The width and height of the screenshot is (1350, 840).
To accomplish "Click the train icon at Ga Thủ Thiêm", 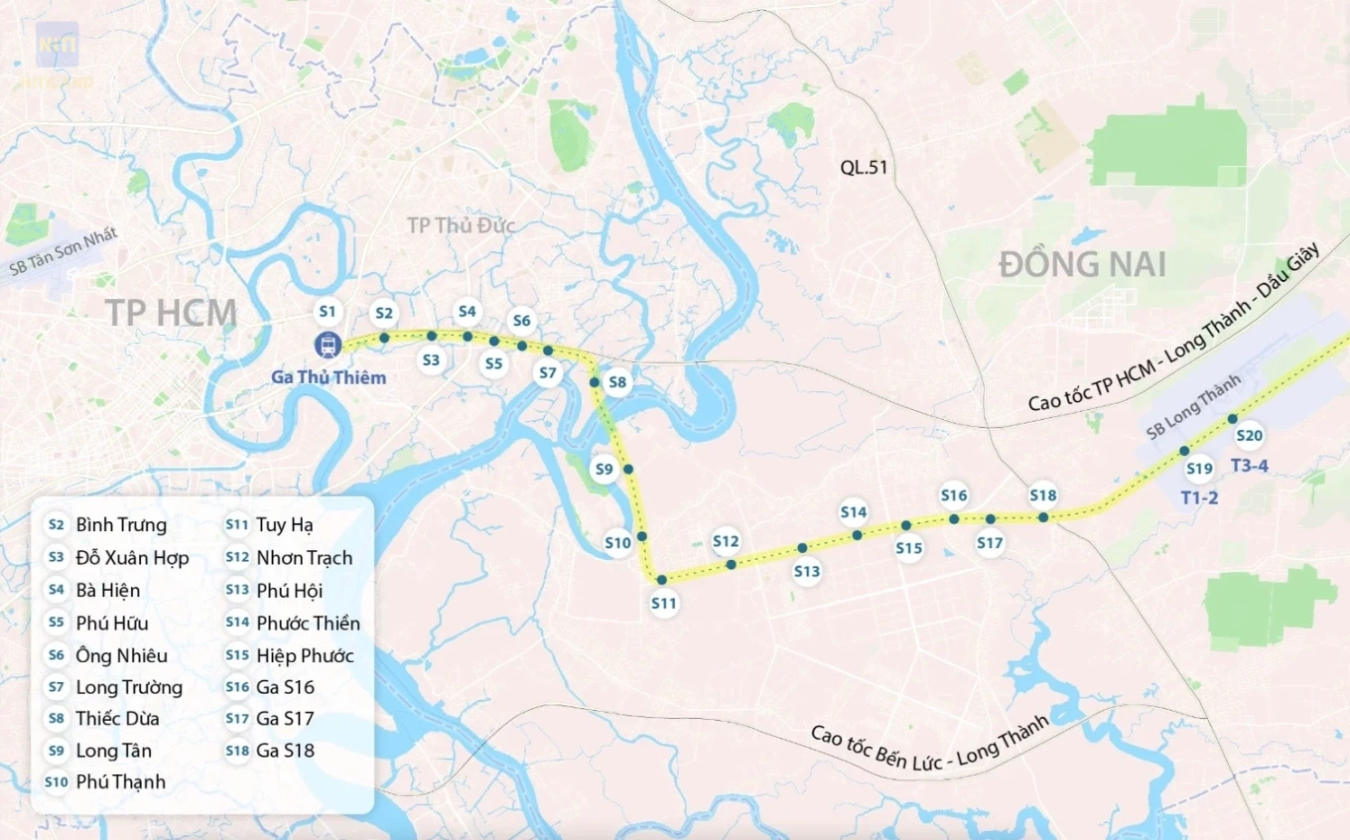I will [x=328, y=346].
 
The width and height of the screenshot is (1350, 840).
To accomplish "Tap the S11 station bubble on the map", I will [x=664, y=603].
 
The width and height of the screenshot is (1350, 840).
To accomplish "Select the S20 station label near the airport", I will [x=1249, y=435].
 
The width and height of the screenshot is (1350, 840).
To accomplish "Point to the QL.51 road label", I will [x=864, y=167].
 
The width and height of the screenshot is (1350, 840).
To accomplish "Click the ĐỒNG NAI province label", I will [x=1082, y=265].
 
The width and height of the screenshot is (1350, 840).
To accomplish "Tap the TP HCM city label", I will [x=172, y=313].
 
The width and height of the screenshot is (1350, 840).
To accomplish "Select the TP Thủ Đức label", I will [x=461, y=225].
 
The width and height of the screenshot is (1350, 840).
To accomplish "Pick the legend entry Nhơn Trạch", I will [x=304, y=558].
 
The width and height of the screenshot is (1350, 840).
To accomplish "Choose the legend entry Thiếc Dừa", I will [x=117, y=719].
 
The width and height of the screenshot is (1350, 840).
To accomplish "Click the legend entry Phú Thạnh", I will [x=120, y=782].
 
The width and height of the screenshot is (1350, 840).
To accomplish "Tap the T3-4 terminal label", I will [x=1249, y=466].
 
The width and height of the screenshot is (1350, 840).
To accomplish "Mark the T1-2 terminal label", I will [x=1199, y=497].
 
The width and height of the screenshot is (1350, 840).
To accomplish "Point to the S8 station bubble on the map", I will [x=617, y=382].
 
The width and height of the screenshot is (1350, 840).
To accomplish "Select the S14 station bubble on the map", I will [x=854, y=512].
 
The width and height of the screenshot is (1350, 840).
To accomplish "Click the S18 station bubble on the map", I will [x=1043, y=495].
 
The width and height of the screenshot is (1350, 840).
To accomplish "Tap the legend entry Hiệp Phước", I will [x=305, y=655].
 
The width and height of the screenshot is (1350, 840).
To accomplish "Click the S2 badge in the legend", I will [x=57, y=525].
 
